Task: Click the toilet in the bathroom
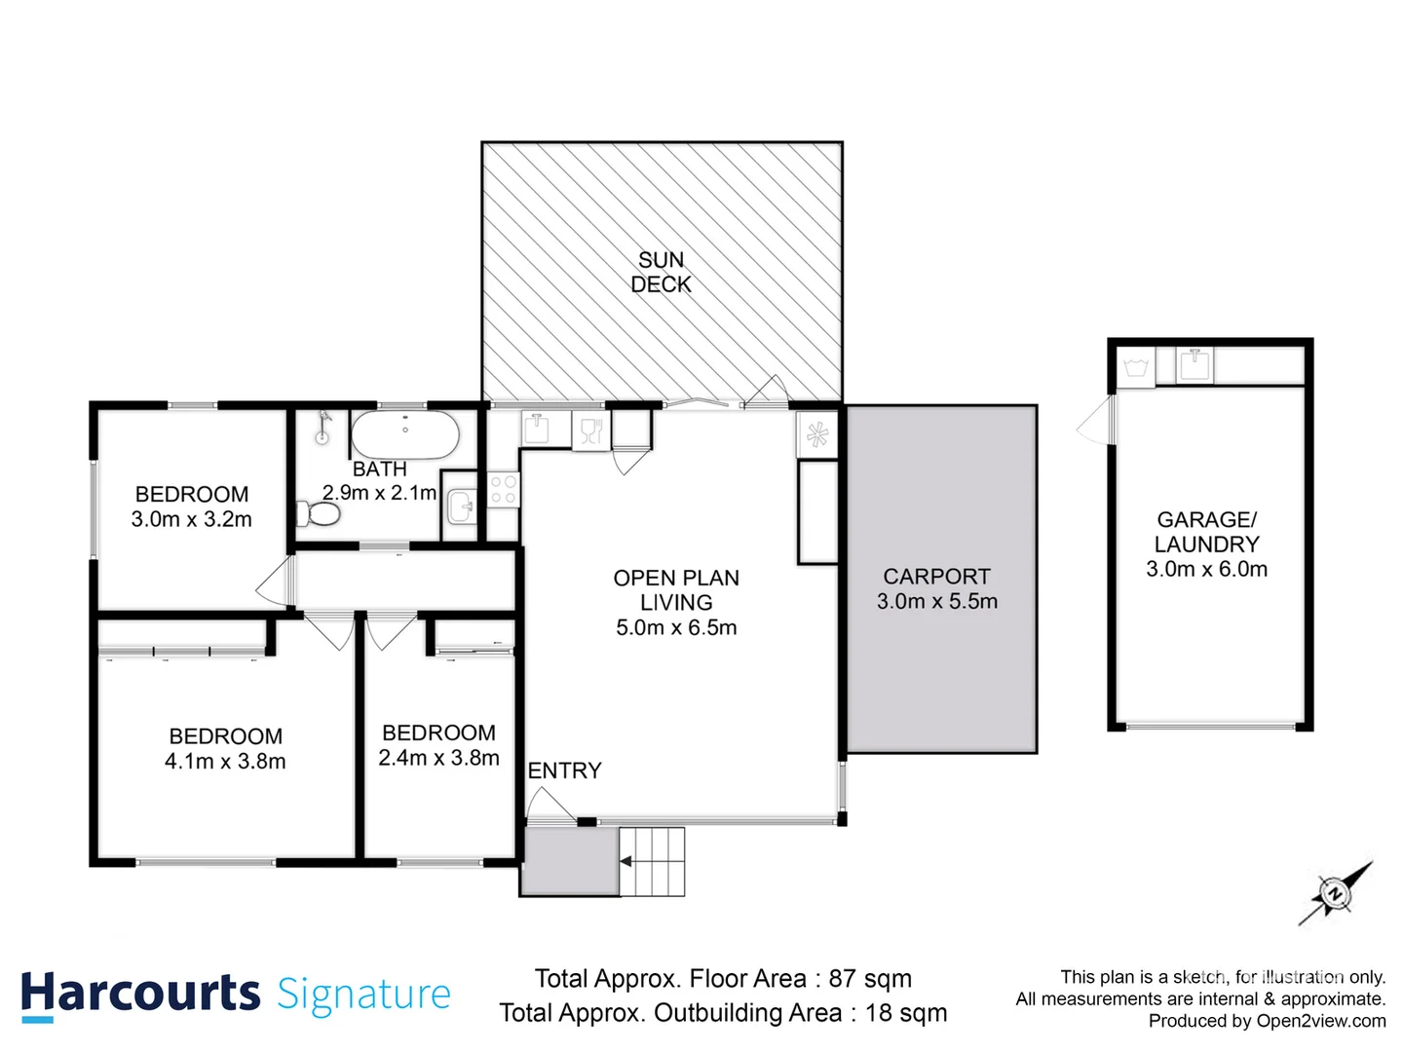(319, 512)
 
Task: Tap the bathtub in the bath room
(404, 434)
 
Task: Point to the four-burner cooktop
(503, 489)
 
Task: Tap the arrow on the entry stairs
(626, 861)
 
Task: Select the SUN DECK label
(661, 272)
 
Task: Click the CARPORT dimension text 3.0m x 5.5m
(936, 602)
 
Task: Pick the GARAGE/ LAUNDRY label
(1206, 532)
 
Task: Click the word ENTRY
(564, 770)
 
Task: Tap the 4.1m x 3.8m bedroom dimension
(225, 762)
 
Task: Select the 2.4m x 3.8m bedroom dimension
(438, 758)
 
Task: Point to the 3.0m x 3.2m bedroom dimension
(191, 520)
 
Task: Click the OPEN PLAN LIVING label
(676, 590)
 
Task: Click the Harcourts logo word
(140, 995)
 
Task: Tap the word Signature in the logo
(363, 995)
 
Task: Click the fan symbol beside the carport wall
(817, 434)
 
